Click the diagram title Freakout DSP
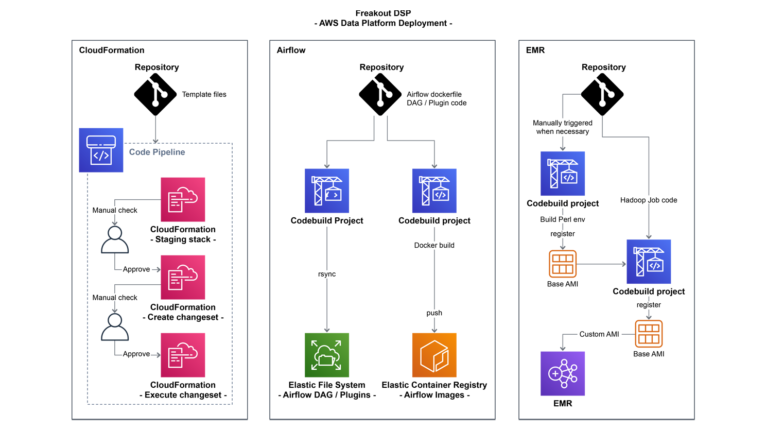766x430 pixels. (383, 13)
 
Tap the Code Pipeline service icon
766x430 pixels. (101, 150)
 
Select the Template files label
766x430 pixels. (204, 94)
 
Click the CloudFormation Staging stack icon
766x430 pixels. (183, 200)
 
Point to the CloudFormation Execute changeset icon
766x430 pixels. (183, 355)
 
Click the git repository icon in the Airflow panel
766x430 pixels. (380, 94)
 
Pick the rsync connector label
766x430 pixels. (327, 274)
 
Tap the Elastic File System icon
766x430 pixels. (327, 355)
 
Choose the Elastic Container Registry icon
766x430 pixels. (434, 355)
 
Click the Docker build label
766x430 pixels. (434, 245)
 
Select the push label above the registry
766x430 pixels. (434, 313)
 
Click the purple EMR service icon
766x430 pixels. (563, 373)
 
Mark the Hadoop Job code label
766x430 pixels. (649, 200)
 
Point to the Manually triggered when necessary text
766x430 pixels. (563, 127)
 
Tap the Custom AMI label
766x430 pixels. (599, 334)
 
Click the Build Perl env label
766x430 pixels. (563, 219)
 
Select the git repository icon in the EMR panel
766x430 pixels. (602, 94)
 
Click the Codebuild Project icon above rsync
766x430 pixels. (327, 191)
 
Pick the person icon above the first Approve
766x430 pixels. (115, 239)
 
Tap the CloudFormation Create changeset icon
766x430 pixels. (183, 277)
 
